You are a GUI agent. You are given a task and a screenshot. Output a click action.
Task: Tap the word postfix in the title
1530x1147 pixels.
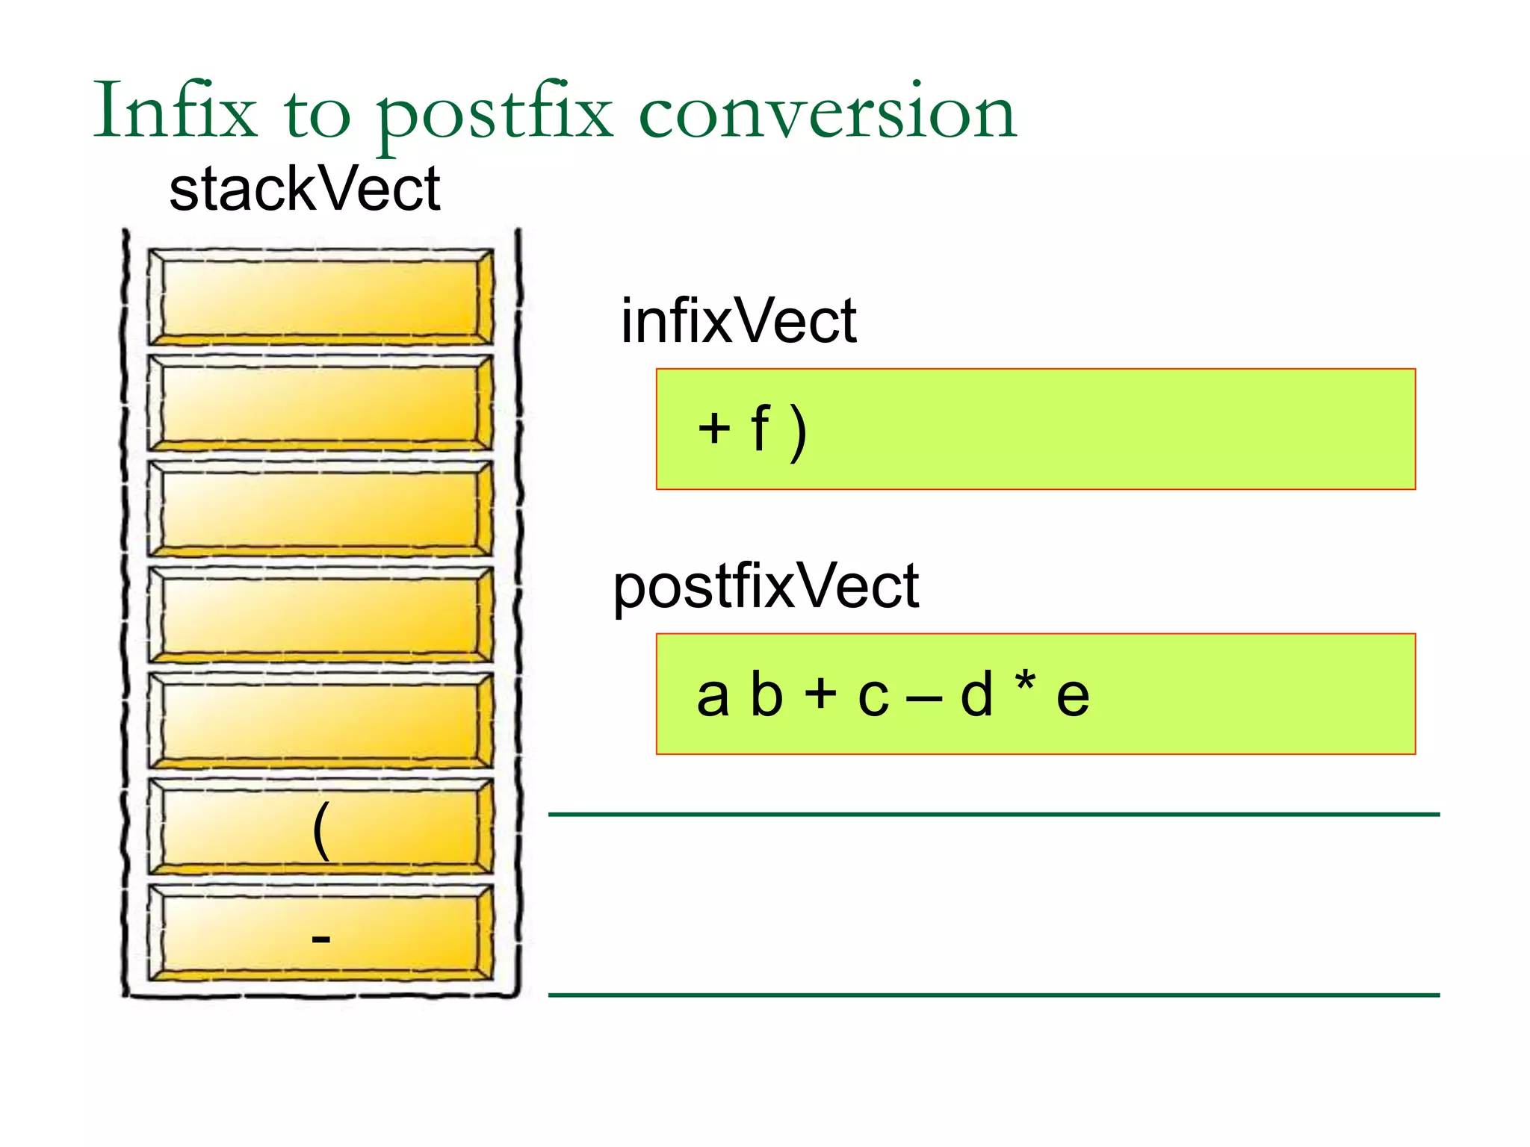[x=493, y=114]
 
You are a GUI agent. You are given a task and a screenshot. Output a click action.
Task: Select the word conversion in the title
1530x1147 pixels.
[x=828, y=114]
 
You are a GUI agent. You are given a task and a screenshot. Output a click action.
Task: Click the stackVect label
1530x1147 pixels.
[x=305, y=190]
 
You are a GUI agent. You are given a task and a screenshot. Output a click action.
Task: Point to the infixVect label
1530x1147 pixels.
[x=738, y=321]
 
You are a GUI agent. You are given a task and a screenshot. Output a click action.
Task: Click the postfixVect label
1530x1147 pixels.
[x=766, y=588]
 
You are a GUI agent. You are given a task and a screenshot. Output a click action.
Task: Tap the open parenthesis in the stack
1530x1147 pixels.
[x=321, y=830]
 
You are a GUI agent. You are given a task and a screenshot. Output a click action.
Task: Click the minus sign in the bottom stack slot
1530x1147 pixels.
[x=320, y=939]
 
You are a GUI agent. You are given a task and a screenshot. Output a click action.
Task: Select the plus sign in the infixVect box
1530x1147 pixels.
[x=714, y=429]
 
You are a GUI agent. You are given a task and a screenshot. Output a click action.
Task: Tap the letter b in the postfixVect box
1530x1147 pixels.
[x=766, y=694]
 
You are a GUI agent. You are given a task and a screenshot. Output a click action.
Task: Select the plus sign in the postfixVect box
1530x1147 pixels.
[x=820, y=692]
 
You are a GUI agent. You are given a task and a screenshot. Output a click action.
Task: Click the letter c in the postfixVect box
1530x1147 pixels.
[x=873, y=697]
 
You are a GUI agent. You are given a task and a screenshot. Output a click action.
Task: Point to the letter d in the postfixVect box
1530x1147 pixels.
[x=976, y=694]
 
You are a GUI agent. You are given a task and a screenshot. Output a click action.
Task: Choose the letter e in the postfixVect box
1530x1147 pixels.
[x=1073, y=697]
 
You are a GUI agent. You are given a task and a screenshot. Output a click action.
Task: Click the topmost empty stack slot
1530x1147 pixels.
[x=320, y=296]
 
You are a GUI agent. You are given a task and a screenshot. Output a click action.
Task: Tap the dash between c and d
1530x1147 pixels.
[x=924, y=700]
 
